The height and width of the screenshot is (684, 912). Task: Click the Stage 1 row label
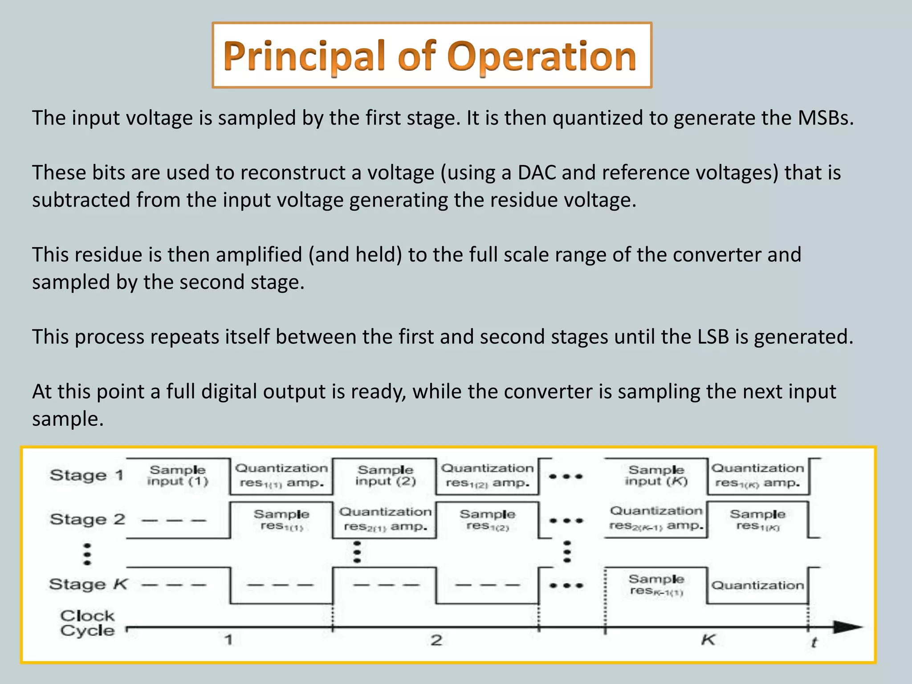click(x=86, y=475)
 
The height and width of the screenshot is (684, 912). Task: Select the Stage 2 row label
click(x=87, y=519)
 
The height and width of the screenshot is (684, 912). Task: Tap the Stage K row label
click(x=88, y=584)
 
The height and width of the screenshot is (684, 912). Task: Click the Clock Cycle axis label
click(x=87, y=623)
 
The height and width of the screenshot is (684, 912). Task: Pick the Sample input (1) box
click(x=178, y=476)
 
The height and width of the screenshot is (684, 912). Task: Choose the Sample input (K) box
click(x=656, y=476)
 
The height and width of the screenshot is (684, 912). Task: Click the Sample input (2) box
click(x=385, y=476)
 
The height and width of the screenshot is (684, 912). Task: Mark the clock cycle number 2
click(x=436, y=640)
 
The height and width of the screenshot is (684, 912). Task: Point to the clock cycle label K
click(x=708, y=640)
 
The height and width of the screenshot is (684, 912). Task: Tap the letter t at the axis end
click(x=814, y=642)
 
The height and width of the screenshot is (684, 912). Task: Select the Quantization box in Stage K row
click(x=757, y=585)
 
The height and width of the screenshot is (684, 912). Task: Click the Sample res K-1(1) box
click(x=656, y=585)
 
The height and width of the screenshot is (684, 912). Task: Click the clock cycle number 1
click(x=228, y=640)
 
